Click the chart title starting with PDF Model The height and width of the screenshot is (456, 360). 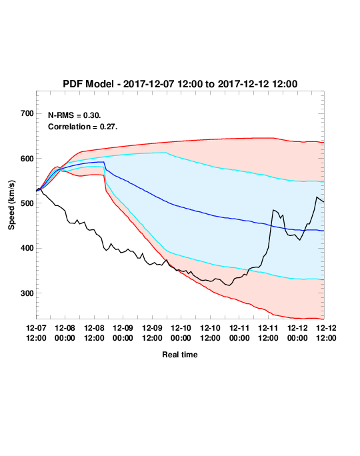pos(180,84)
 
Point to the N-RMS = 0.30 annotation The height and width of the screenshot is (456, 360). pos(75,115)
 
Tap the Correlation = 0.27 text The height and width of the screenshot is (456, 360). pos(83,127)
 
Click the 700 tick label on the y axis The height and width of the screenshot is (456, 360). pos(27,113)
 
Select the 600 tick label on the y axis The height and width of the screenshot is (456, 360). pos(27,159)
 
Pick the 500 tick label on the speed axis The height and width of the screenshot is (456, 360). pos(27,203)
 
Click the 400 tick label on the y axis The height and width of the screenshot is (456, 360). pos(27,248)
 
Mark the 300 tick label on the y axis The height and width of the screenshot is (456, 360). pos(27,293)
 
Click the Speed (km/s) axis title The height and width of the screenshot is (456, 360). pos(11,205)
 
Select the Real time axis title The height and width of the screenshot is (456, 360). pos(180,355)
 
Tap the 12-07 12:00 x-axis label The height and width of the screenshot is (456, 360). pos(36,333)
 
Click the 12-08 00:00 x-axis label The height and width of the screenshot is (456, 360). pos(65,333)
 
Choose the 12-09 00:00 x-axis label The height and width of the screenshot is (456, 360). pos(123,333)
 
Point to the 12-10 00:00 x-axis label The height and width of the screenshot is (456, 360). pos(181,333)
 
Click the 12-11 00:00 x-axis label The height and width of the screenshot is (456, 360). pos(239,333)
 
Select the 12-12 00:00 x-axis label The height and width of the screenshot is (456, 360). pos(297,333)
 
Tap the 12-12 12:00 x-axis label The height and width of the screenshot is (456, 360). pos(326,333)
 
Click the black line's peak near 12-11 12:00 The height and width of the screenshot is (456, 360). pos(273,210)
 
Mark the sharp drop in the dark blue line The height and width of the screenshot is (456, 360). pos(105,166)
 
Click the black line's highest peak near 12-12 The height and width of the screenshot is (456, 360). pos(317,197)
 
